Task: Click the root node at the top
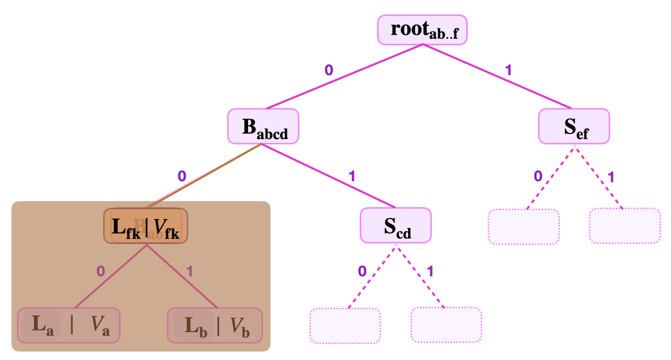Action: pos(422,29)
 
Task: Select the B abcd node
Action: pos(263,126)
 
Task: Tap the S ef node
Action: pos(574,126)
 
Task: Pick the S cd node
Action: pos(396,225)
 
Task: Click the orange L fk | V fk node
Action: pos(145,226)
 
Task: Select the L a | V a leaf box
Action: pos(69,325)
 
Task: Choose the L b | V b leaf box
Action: pos(215,325)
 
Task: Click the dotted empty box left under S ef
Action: pos(524,227)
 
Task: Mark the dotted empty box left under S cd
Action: pos(345,326)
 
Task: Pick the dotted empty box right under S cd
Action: pos(446,325)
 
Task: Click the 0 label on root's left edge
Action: pos(329,70)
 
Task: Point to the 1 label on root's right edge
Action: pos(508,70)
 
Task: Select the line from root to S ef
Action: pos(498,77)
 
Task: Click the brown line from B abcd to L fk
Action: pos(203,176)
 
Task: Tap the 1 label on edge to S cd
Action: pos(352,176)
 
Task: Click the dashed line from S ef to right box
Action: pos(599,177)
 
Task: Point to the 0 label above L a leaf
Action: pos(101,271)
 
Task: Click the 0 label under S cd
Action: pos(362,271)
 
